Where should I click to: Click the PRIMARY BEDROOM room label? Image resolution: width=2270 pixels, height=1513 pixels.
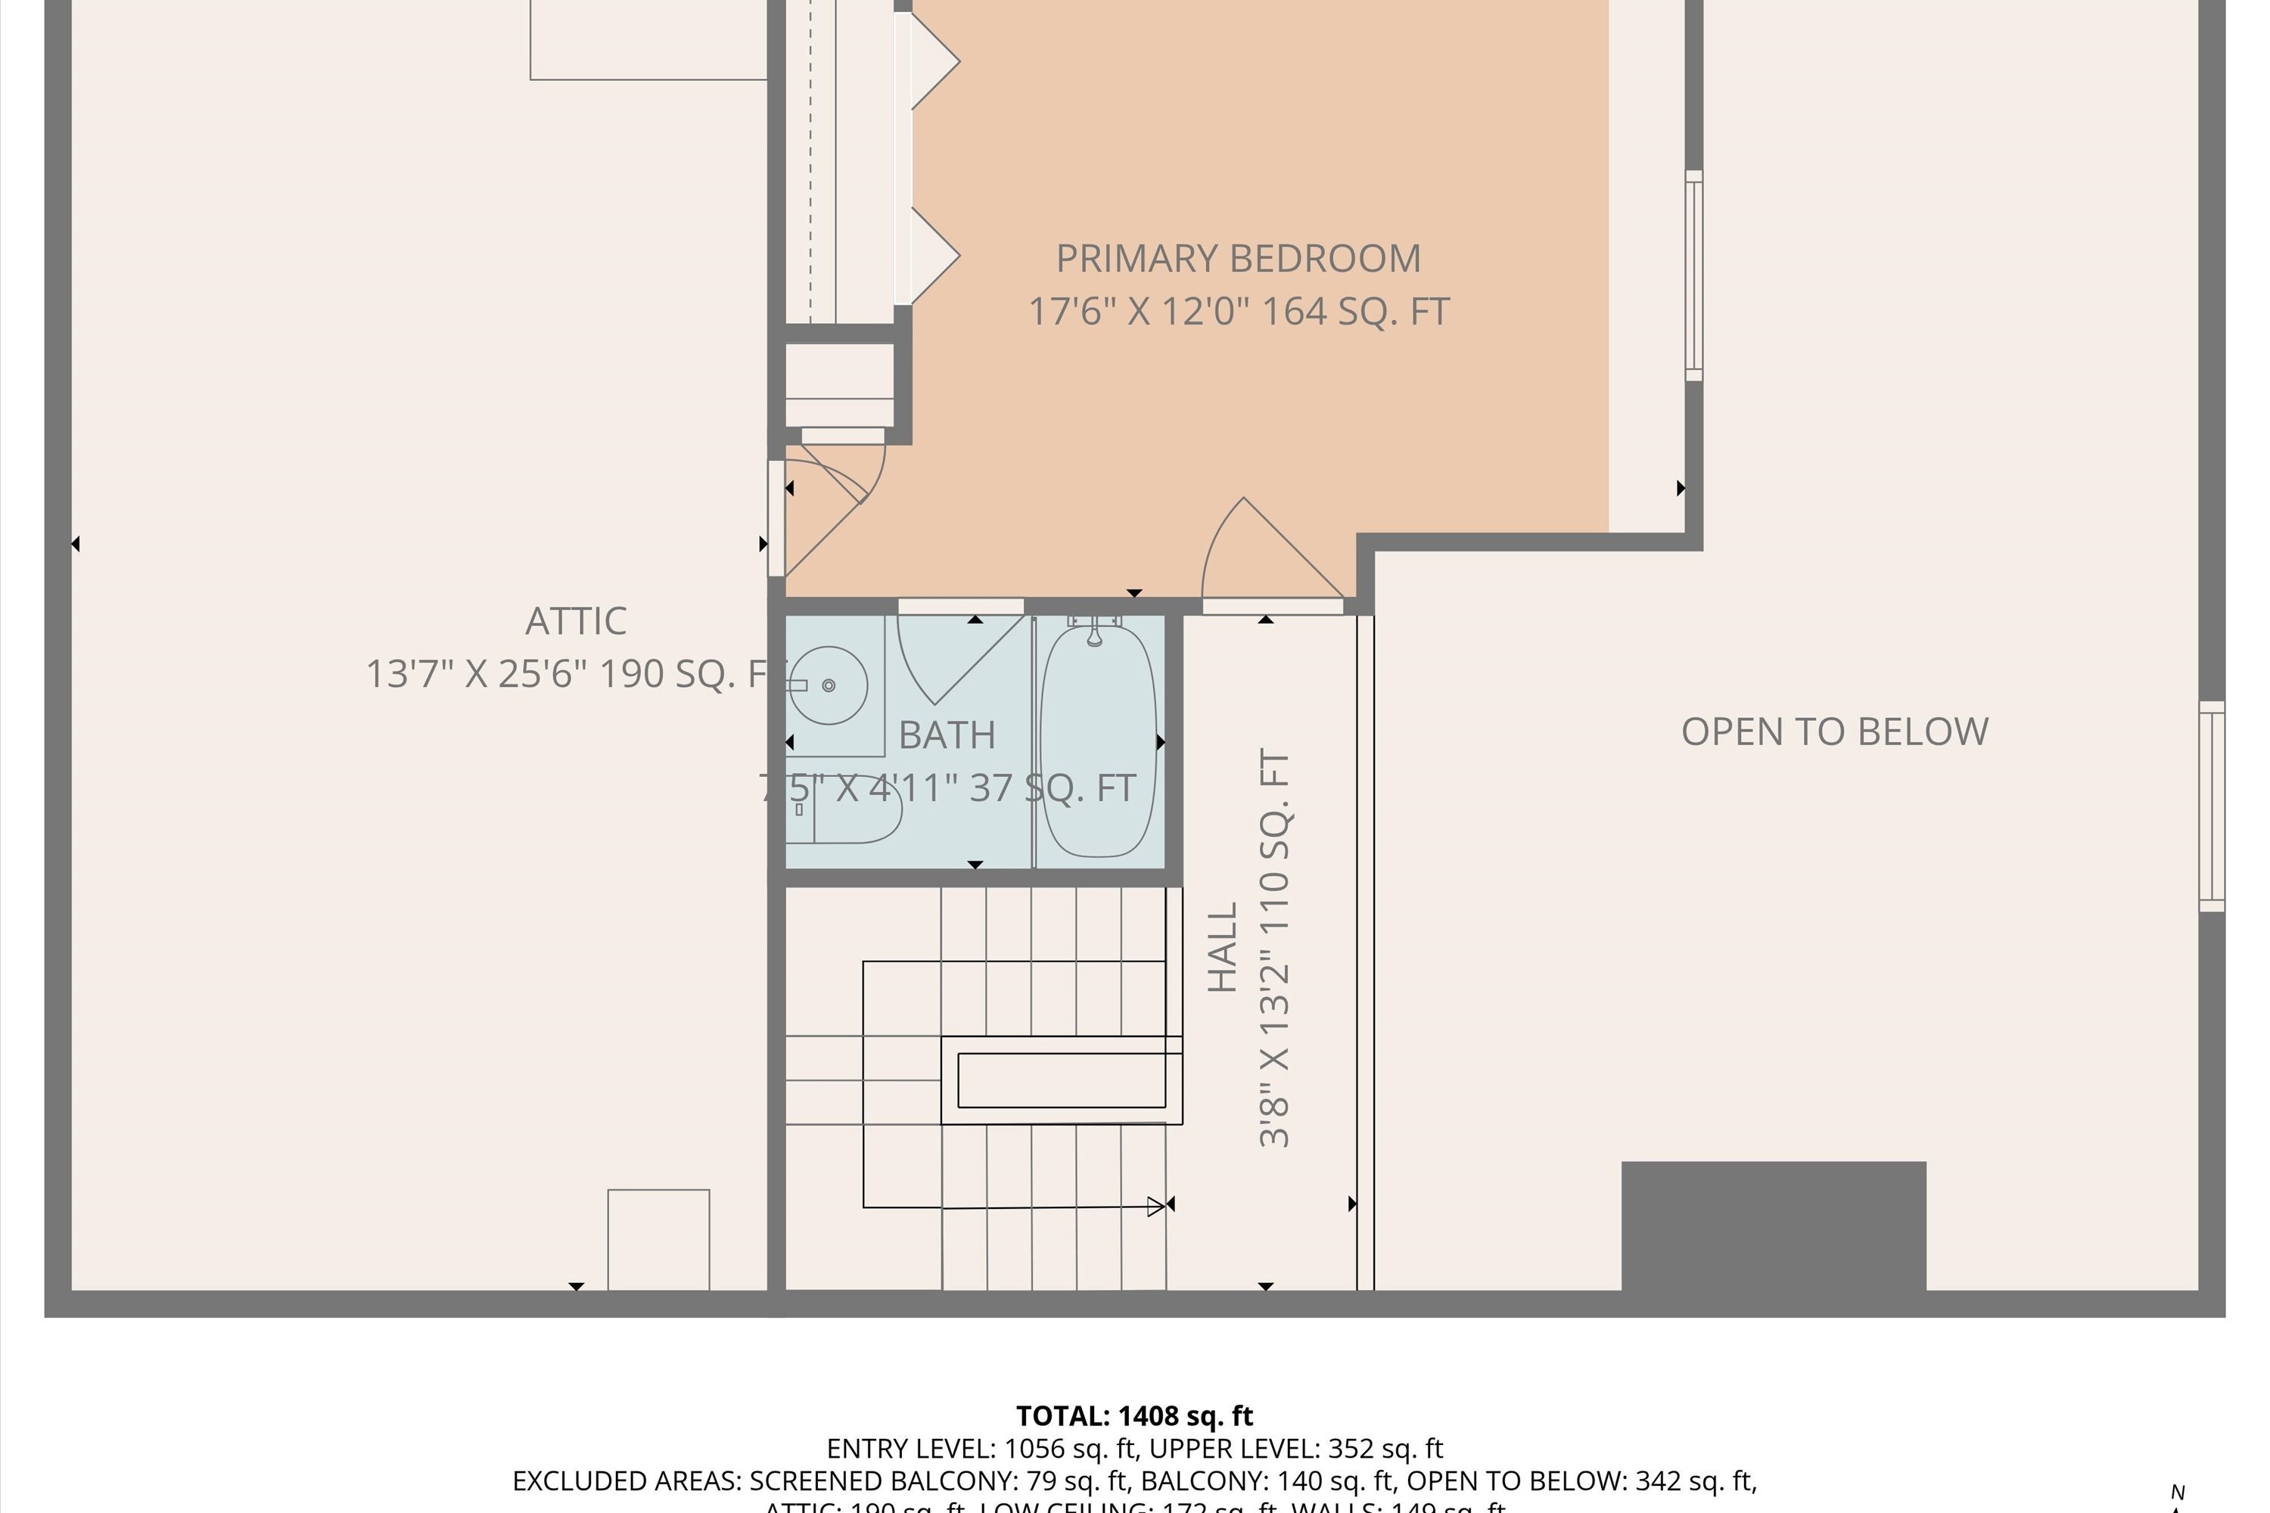point(1237,259)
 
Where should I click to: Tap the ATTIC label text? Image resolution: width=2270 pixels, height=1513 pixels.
point(576,621)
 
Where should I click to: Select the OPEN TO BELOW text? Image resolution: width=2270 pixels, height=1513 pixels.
point(1833,732)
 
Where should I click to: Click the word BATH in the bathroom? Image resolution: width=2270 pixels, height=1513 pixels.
point(946,735)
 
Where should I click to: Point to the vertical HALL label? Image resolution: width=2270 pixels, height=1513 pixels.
point(1223,948)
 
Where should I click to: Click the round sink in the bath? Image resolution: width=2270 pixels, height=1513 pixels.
point(828,685)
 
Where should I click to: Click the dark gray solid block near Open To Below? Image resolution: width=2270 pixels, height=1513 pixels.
point(1773,1226)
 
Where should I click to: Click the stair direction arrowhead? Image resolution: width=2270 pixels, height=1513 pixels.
point(1156,1206)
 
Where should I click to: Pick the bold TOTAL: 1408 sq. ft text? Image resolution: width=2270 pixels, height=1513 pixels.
point(1134,1416)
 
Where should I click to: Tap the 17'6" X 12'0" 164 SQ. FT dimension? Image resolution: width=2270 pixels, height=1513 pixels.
point(1237,312)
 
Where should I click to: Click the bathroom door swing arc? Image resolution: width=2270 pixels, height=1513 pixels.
point(950,656)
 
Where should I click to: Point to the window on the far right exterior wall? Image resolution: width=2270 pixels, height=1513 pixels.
point(2211,806)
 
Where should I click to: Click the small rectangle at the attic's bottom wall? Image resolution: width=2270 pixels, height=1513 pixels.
point(658,1239)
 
